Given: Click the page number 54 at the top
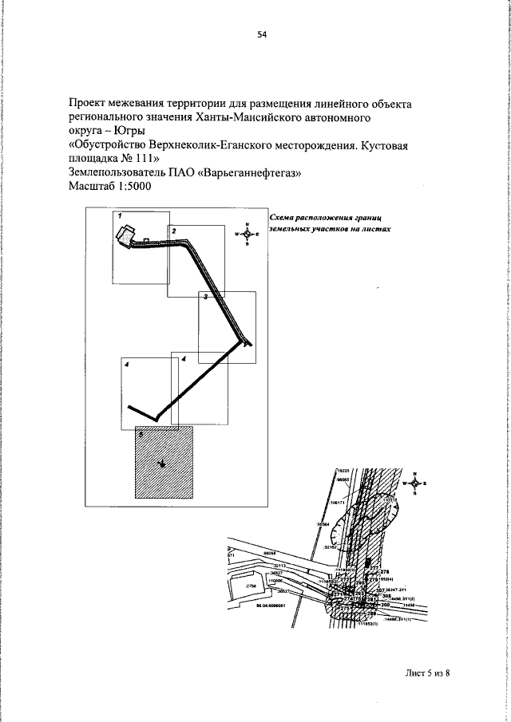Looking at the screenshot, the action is pyautogui.click(x=261, y=34).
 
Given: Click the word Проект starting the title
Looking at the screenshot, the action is pyautogui.click(x=90, y=105).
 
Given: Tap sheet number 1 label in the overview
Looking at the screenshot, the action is pyautogui.click(x=118, y=215).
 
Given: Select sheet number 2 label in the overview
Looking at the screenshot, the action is pyautogui.click(x=173, y=230).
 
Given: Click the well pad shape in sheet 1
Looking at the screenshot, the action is pyautogui.click(x=125, y=236).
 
